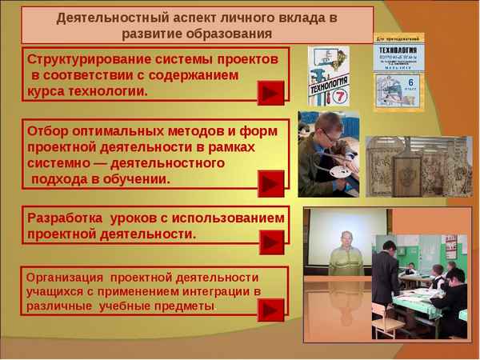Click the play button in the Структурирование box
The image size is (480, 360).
[270, 93]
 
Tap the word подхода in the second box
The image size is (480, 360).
[59, 178]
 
